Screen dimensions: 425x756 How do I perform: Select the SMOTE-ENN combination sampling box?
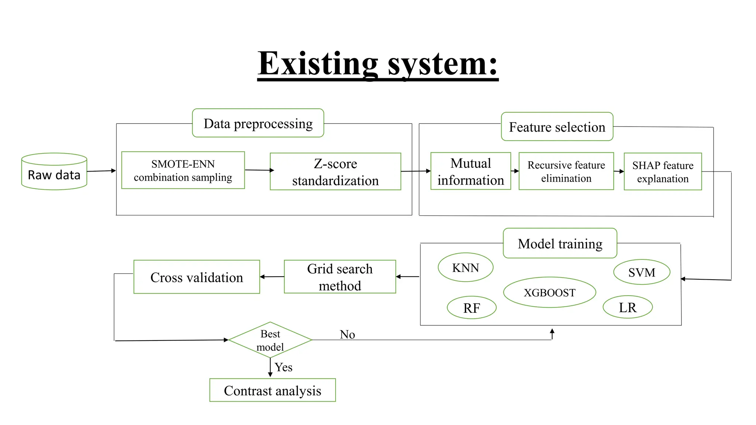[183, 170]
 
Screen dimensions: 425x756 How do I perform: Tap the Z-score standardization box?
[335, 172]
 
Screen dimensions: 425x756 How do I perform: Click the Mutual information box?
[471, 171]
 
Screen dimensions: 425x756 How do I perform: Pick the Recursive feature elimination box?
[566, 171]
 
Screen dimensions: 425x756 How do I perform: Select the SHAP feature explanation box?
[663, 172]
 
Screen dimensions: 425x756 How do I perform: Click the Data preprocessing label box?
[258, 123]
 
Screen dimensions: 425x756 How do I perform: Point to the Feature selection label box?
[557, 127]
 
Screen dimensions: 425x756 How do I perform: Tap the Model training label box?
[560, 243]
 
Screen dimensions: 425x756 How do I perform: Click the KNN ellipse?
[465, 267]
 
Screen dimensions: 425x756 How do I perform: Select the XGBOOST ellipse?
[549, 292]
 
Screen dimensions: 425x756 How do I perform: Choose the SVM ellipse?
[642, 272]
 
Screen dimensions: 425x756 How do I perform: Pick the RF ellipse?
[471, 308]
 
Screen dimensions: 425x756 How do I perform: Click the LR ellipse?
[628, 307]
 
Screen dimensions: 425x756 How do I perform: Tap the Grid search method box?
[340, 277]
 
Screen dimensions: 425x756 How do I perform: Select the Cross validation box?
[196, 277]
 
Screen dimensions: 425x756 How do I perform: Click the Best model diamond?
[270, 340]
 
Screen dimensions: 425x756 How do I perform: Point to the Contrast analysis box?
[272, 390]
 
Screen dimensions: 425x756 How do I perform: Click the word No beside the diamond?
[347, 334]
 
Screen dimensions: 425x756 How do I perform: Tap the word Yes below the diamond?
[283, 367]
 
